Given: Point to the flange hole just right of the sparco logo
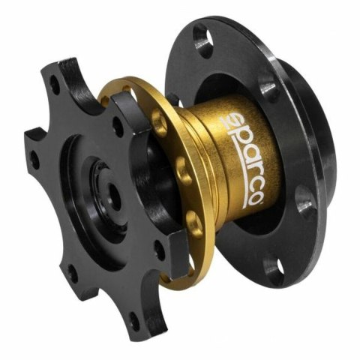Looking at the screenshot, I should (304, 199).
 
